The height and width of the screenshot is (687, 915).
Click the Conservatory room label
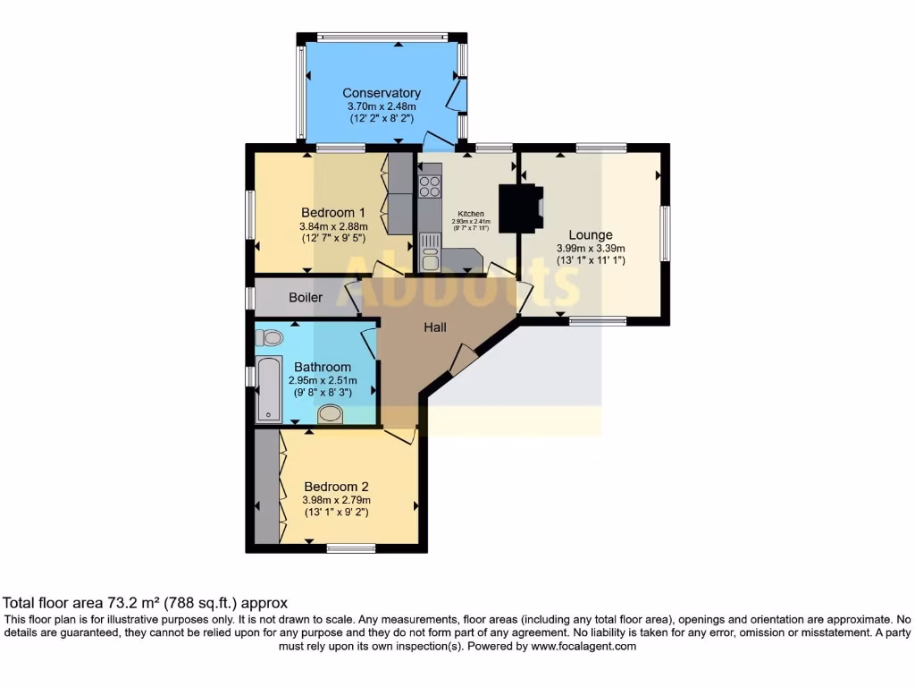tap(382, 93)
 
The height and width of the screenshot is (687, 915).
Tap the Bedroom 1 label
tap(332, 213)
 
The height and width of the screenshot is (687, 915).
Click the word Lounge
tap(591, 235)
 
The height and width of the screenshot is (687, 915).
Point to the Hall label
tap(435, 327)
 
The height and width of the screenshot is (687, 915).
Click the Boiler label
tap(306, 297)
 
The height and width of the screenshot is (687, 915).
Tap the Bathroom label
tap(323, 367)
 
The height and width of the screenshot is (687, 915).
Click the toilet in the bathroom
tap(268, 337)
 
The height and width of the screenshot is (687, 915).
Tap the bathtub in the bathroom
tap(268, 389)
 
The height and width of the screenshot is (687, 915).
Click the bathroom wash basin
tap(331, 414)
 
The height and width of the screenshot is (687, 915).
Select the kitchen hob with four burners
tap(430, 187)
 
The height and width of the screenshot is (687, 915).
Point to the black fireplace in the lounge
tap(519, 208)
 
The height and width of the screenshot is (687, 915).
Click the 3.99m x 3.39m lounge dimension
tap(591, 249)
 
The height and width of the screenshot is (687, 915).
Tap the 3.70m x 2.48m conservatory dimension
tap(382, 106)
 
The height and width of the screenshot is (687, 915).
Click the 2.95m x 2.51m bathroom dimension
tap(323, 380)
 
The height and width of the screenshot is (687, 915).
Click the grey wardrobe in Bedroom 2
tap(266, 488)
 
